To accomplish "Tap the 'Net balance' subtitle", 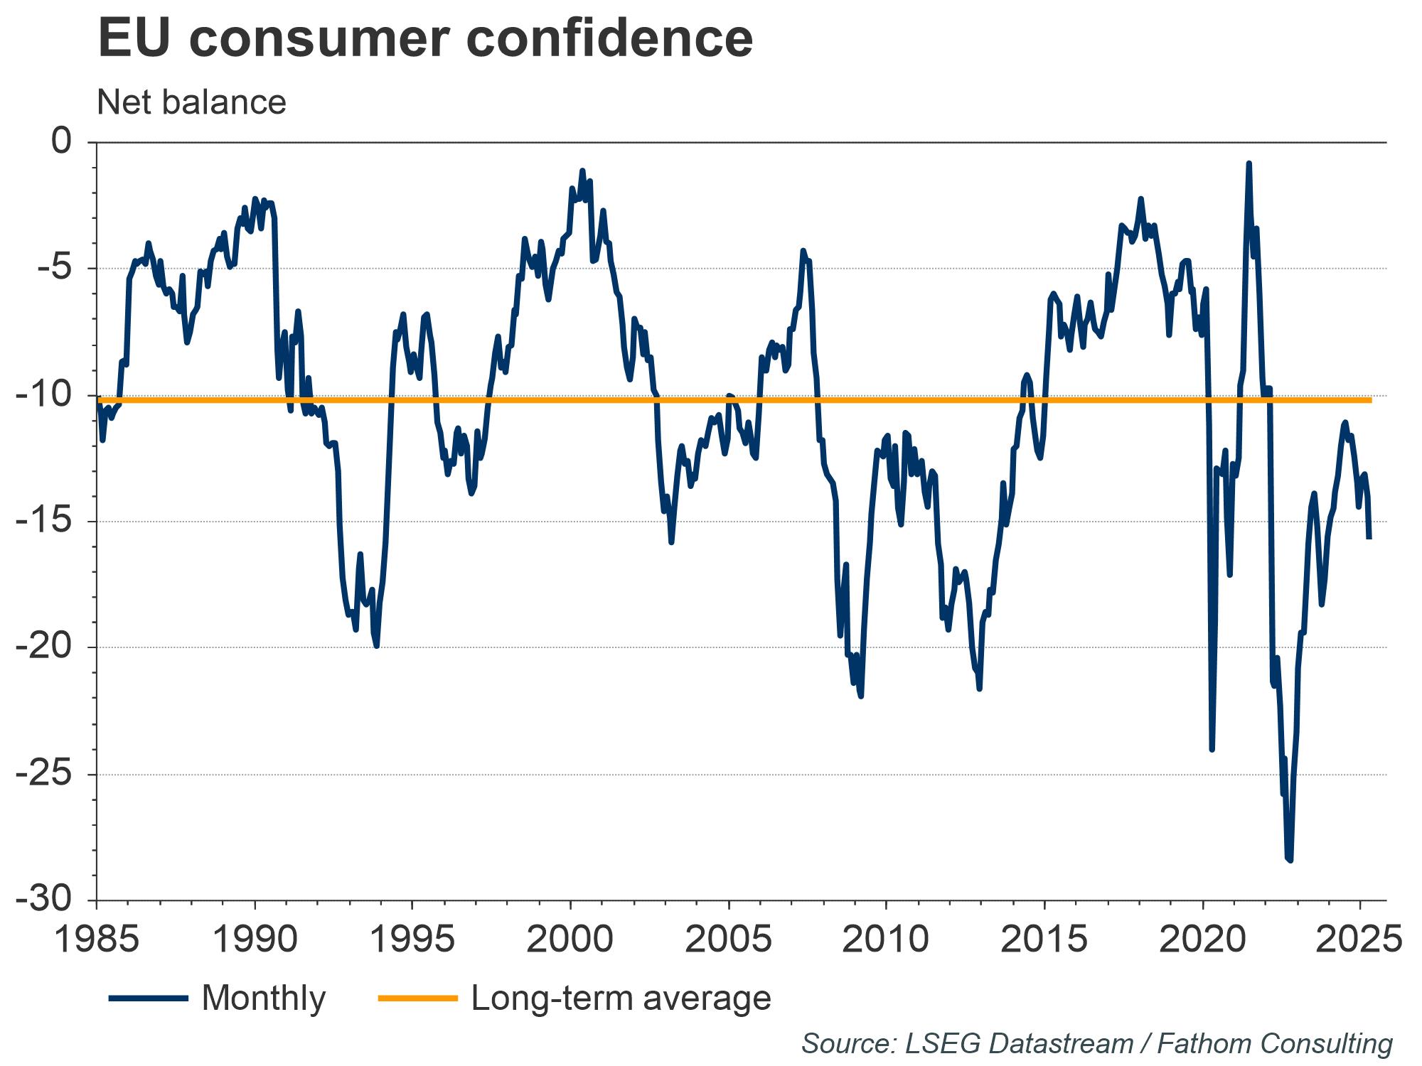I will coord(191,102).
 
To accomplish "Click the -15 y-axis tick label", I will coord(44,522).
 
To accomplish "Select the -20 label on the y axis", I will coord(44,647).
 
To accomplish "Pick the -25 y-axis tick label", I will coord(44,774).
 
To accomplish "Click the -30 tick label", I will coord(44,900).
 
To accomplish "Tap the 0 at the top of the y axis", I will coord(63,142).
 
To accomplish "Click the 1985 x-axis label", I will coord(97,940).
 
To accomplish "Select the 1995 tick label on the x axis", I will coord(412,940).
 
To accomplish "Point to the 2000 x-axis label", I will coord(570,940).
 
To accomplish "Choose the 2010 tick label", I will coord(886,940).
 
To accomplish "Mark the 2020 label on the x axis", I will coord(1202,940).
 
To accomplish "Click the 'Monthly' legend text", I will coord(264,998).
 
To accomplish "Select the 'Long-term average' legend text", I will coord(621,998).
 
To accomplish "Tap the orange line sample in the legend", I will coord(417,998).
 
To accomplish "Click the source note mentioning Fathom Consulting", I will coord(1096,1044).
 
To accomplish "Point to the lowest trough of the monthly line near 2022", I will coord(1290,860).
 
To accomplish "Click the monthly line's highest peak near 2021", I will coord(1249,163).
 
